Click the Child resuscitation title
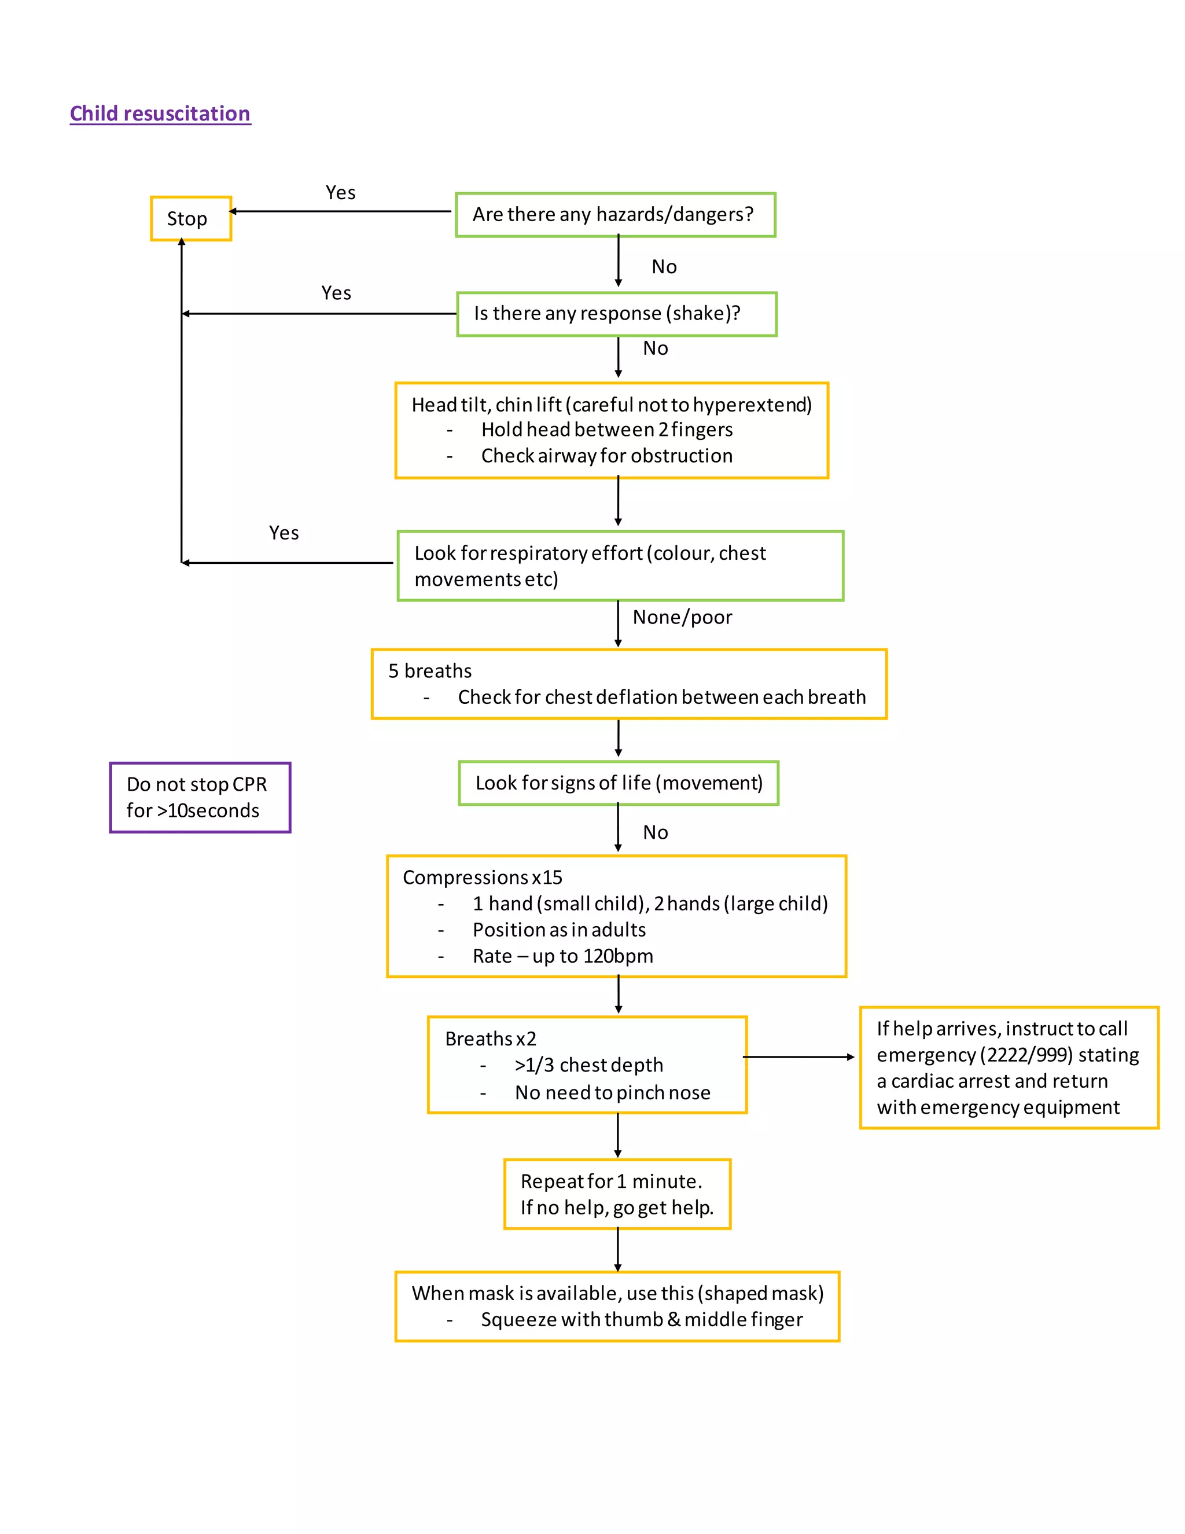coord(160,114)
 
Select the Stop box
coord(190,218)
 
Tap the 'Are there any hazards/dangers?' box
coord(615,214)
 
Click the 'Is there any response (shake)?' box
coord(616,313)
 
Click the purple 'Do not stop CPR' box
coord(200,797)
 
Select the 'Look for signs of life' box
coord(618,783)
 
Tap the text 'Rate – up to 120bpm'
coord(562,956)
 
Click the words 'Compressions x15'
coord(483,877)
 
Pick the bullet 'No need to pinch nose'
coord(612,1092)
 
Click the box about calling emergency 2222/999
coord(1008,1067)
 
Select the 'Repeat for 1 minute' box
coord(616,1194)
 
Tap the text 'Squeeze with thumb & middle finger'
coord(641,1319)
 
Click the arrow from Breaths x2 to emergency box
coord(799,1056)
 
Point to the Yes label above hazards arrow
coord(340,192)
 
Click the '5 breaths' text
coord(430,671)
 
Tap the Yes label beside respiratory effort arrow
coord(284,533)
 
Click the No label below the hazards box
coord(664,266)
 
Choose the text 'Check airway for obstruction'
coord(606,456)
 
